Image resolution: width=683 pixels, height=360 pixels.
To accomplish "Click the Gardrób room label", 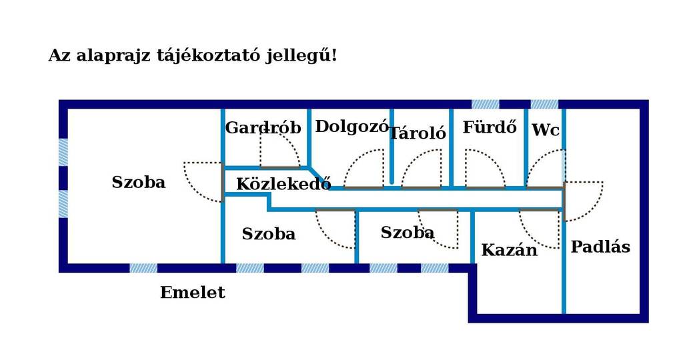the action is click(263, 128).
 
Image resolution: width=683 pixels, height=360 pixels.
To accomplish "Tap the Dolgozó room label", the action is click(352, 127).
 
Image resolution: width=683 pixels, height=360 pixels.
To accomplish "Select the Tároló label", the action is click(418, 133).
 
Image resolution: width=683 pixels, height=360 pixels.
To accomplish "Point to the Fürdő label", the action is click(490, 127).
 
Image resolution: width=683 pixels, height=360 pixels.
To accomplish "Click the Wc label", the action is click(546, 130).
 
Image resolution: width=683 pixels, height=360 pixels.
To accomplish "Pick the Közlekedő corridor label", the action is click(283, 184).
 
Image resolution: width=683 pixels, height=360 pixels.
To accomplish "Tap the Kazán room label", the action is click(509, 250).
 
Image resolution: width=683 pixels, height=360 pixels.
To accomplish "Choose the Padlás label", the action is click(600, 247).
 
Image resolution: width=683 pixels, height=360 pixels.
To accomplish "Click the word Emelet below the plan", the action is click(193, 292).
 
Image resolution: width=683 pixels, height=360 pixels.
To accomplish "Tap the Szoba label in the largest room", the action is click(139, 182).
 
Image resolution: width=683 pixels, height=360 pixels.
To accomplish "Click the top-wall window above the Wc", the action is click(544, 105).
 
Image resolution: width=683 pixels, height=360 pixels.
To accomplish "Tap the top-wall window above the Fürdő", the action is click(486, 105).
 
